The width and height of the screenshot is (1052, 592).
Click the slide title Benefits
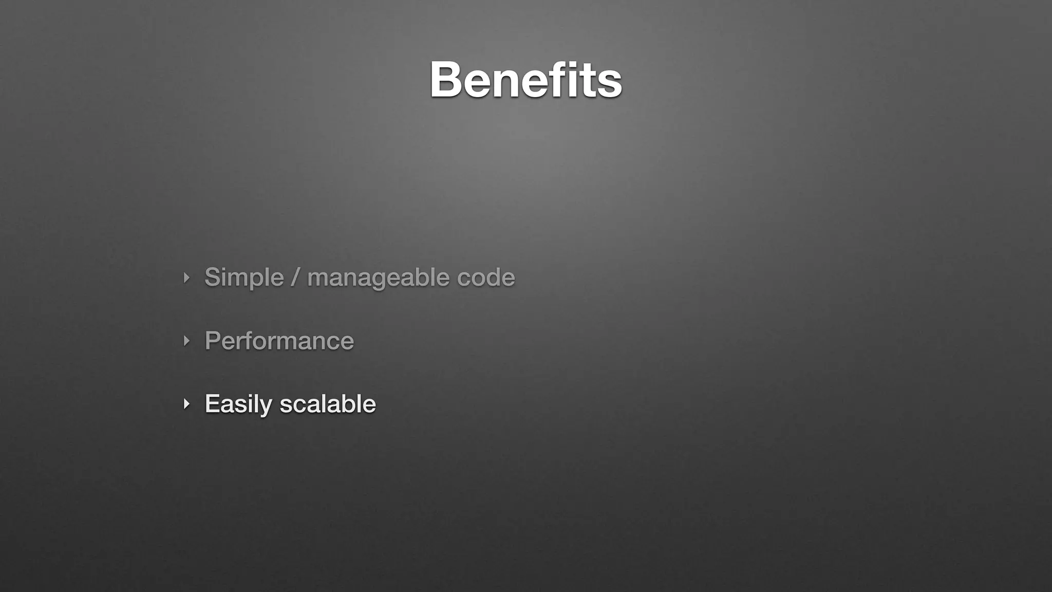525,80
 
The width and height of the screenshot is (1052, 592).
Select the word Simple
244,277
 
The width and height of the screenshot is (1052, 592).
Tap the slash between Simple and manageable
295,277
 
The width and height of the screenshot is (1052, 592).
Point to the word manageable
378,277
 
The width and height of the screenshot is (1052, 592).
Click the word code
486,277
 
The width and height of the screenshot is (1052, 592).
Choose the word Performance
279,341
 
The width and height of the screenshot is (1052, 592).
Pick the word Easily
238,404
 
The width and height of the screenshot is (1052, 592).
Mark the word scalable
328,404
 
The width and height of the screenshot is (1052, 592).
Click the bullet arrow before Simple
186,278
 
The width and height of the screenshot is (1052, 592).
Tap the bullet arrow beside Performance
186,341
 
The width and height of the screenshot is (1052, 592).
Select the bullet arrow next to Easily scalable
186,404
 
